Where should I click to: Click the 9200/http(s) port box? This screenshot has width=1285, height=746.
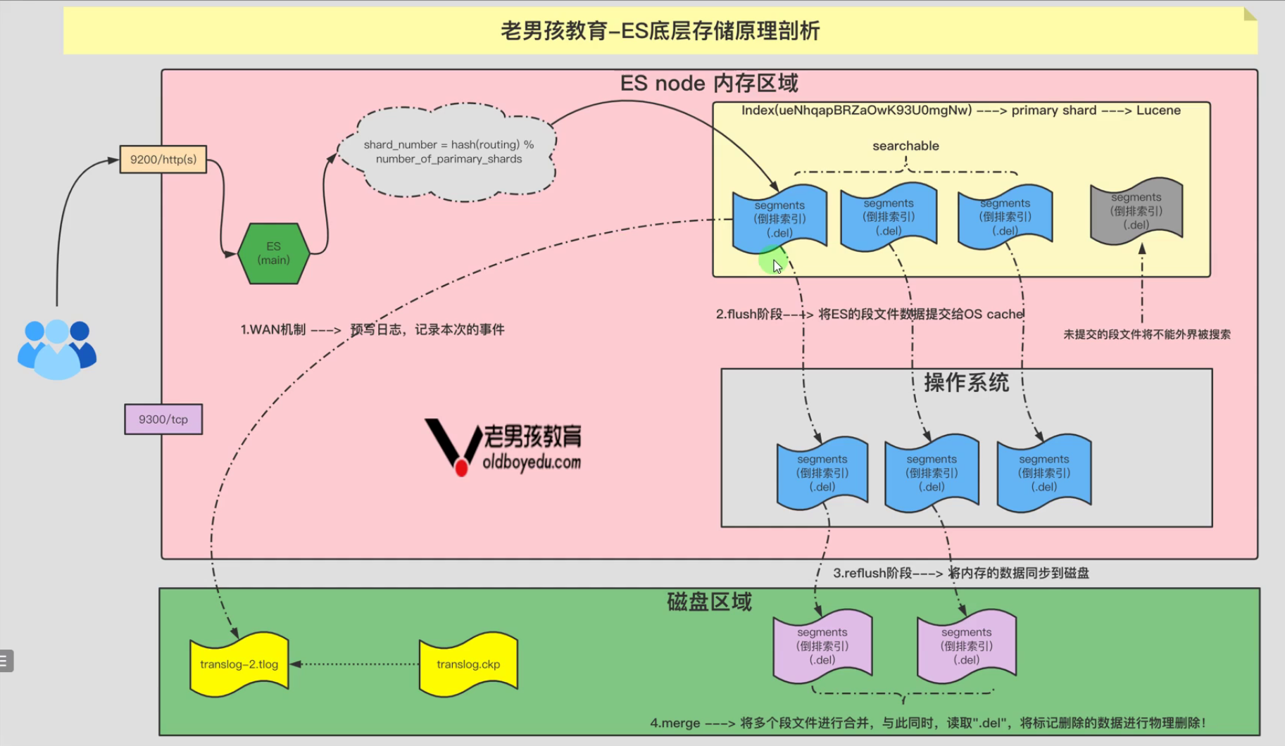coord(163,160)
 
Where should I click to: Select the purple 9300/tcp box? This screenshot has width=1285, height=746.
coord(163,419)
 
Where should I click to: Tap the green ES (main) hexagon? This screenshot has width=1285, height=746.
coord(273,253)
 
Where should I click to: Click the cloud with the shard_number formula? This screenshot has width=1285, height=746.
coord(449,152)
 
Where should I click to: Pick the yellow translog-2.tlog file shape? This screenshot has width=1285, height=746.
coord(239,664)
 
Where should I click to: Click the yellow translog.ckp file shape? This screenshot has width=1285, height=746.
coord(468,664)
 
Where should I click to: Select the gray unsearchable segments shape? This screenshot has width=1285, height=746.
coord(1136,210)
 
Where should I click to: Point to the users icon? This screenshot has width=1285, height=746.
coord(56,349)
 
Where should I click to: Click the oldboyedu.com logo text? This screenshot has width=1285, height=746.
coord(532,462)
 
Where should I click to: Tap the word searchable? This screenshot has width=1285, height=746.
coord(905,146)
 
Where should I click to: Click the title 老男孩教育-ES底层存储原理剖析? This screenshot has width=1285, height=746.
coord(660,31)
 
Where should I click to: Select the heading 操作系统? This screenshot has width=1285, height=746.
coord(966,383)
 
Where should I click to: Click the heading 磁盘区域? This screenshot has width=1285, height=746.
coord(709,602)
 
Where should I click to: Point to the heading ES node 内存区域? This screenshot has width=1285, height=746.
coord(709,83)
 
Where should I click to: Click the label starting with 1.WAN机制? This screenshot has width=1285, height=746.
coord(372,329)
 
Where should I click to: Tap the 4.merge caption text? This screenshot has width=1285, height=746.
coord(928,723)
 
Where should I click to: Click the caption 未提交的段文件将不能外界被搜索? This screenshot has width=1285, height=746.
coord(1147,334)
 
